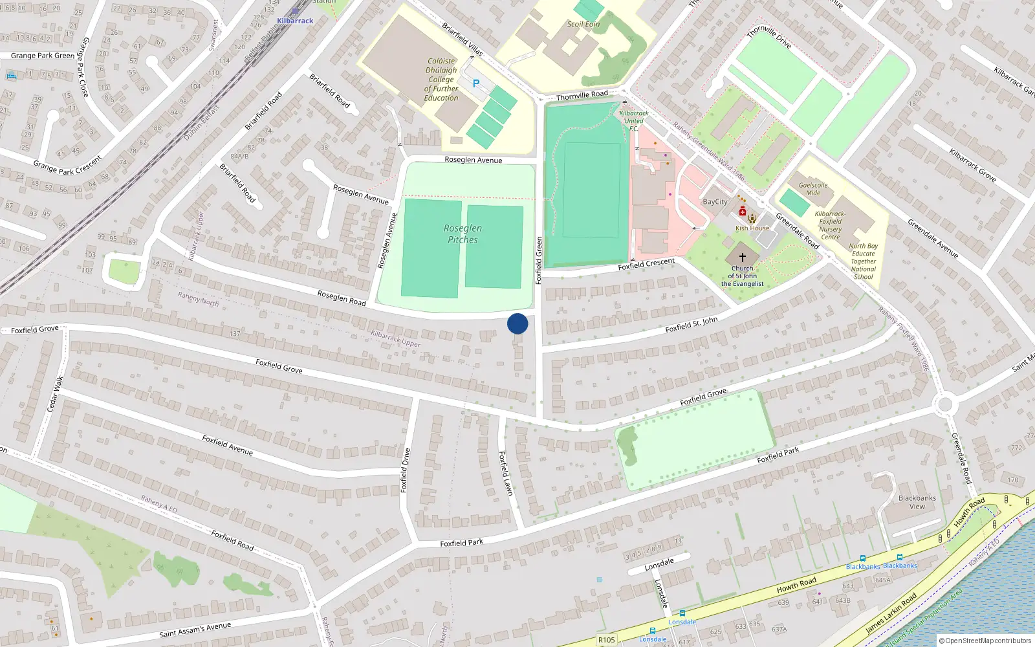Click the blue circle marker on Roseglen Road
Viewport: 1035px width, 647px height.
pyautogui.click(x=517, y=323)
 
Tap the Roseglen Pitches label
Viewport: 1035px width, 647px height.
pyautogui.click(x=463, y=234)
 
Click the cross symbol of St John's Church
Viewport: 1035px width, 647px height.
pyautogui.click(x=742, y=257)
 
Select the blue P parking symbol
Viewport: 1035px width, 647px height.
pyautogui.click(x=476, y=83)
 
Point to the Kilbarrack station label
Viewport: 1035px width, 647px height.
pyautogui.click(x=295, y=21)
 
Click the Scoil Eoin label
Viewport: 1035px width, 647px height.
pyautogui.click(x=583, y=25)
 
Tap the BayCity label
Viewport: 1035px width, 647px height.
pyautogui.click(x=715, y=202)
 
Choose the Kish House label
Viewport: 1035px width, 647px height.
pyautogui.click(x=752, y=228)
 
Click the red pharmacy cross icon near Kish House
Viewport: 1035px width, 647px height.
pyautogui.click(x=743, y=212)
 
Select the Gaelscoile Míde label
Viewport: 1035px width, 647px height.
pyautogui.click(x=813, y=189)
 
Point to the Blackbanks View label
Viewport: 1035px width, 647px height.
pyautogui.click(x=917, y=502)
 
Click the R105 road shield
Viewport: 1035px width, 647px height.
pyautogui.click(x=606, y=640)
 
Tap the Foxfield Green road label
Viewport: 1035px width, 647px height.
pyautogui.click(x=538, y=260)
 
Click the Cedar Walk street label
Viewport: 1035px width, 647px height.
pyautogui.click(x=56, y=393)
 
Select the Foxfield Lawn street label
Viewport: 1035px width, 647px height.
pyautogui.click(x=506, y=474)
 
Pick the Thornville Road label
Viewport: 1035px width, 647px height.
pyautogui.click(x=582, y=96)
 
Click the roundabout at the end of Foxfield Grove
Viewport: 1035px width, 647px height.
pyautogui.click(x=944, y=405)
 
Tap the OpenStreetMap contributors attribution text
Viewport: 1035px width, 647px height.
pyautogui.click(x=986, y=641)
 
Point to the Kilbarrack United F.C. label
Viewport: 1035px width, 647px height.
pyautogui.click(x=634, y=121)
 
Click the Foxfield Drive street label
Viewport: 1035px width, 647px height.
pyautogui.click(x=406, y=470)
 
